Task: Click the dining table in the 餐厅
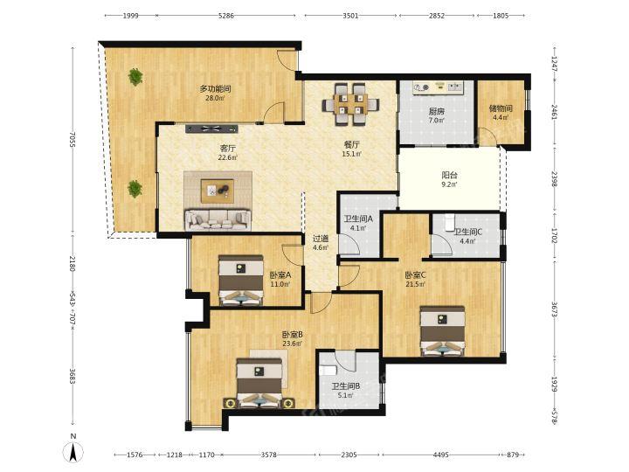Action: (350, 104)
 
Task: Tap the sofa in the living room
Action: (218, 219)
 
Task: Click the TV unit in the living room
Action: (211, 128)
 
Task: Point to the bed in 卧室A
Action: (241, 281)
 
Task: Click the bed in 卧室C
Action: (442, 331)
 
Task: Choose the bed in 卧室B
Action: (259, 384)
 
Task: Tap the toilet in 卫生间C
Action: (449, 222)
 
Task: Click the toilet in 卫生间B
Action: (325, 370)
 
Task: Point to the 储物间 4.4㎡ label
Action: (501, 113)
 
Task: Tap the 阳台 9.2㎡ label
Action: (450, 179)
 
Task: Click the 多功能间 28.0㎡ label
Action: (216, 93)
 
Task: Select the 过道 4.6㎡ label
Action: (321, 243)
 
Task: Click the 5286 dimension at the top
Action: (226, 16)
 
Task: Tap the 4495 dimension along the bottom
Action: (441, 455)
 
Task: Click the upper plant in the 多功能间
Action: (135, 77)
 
